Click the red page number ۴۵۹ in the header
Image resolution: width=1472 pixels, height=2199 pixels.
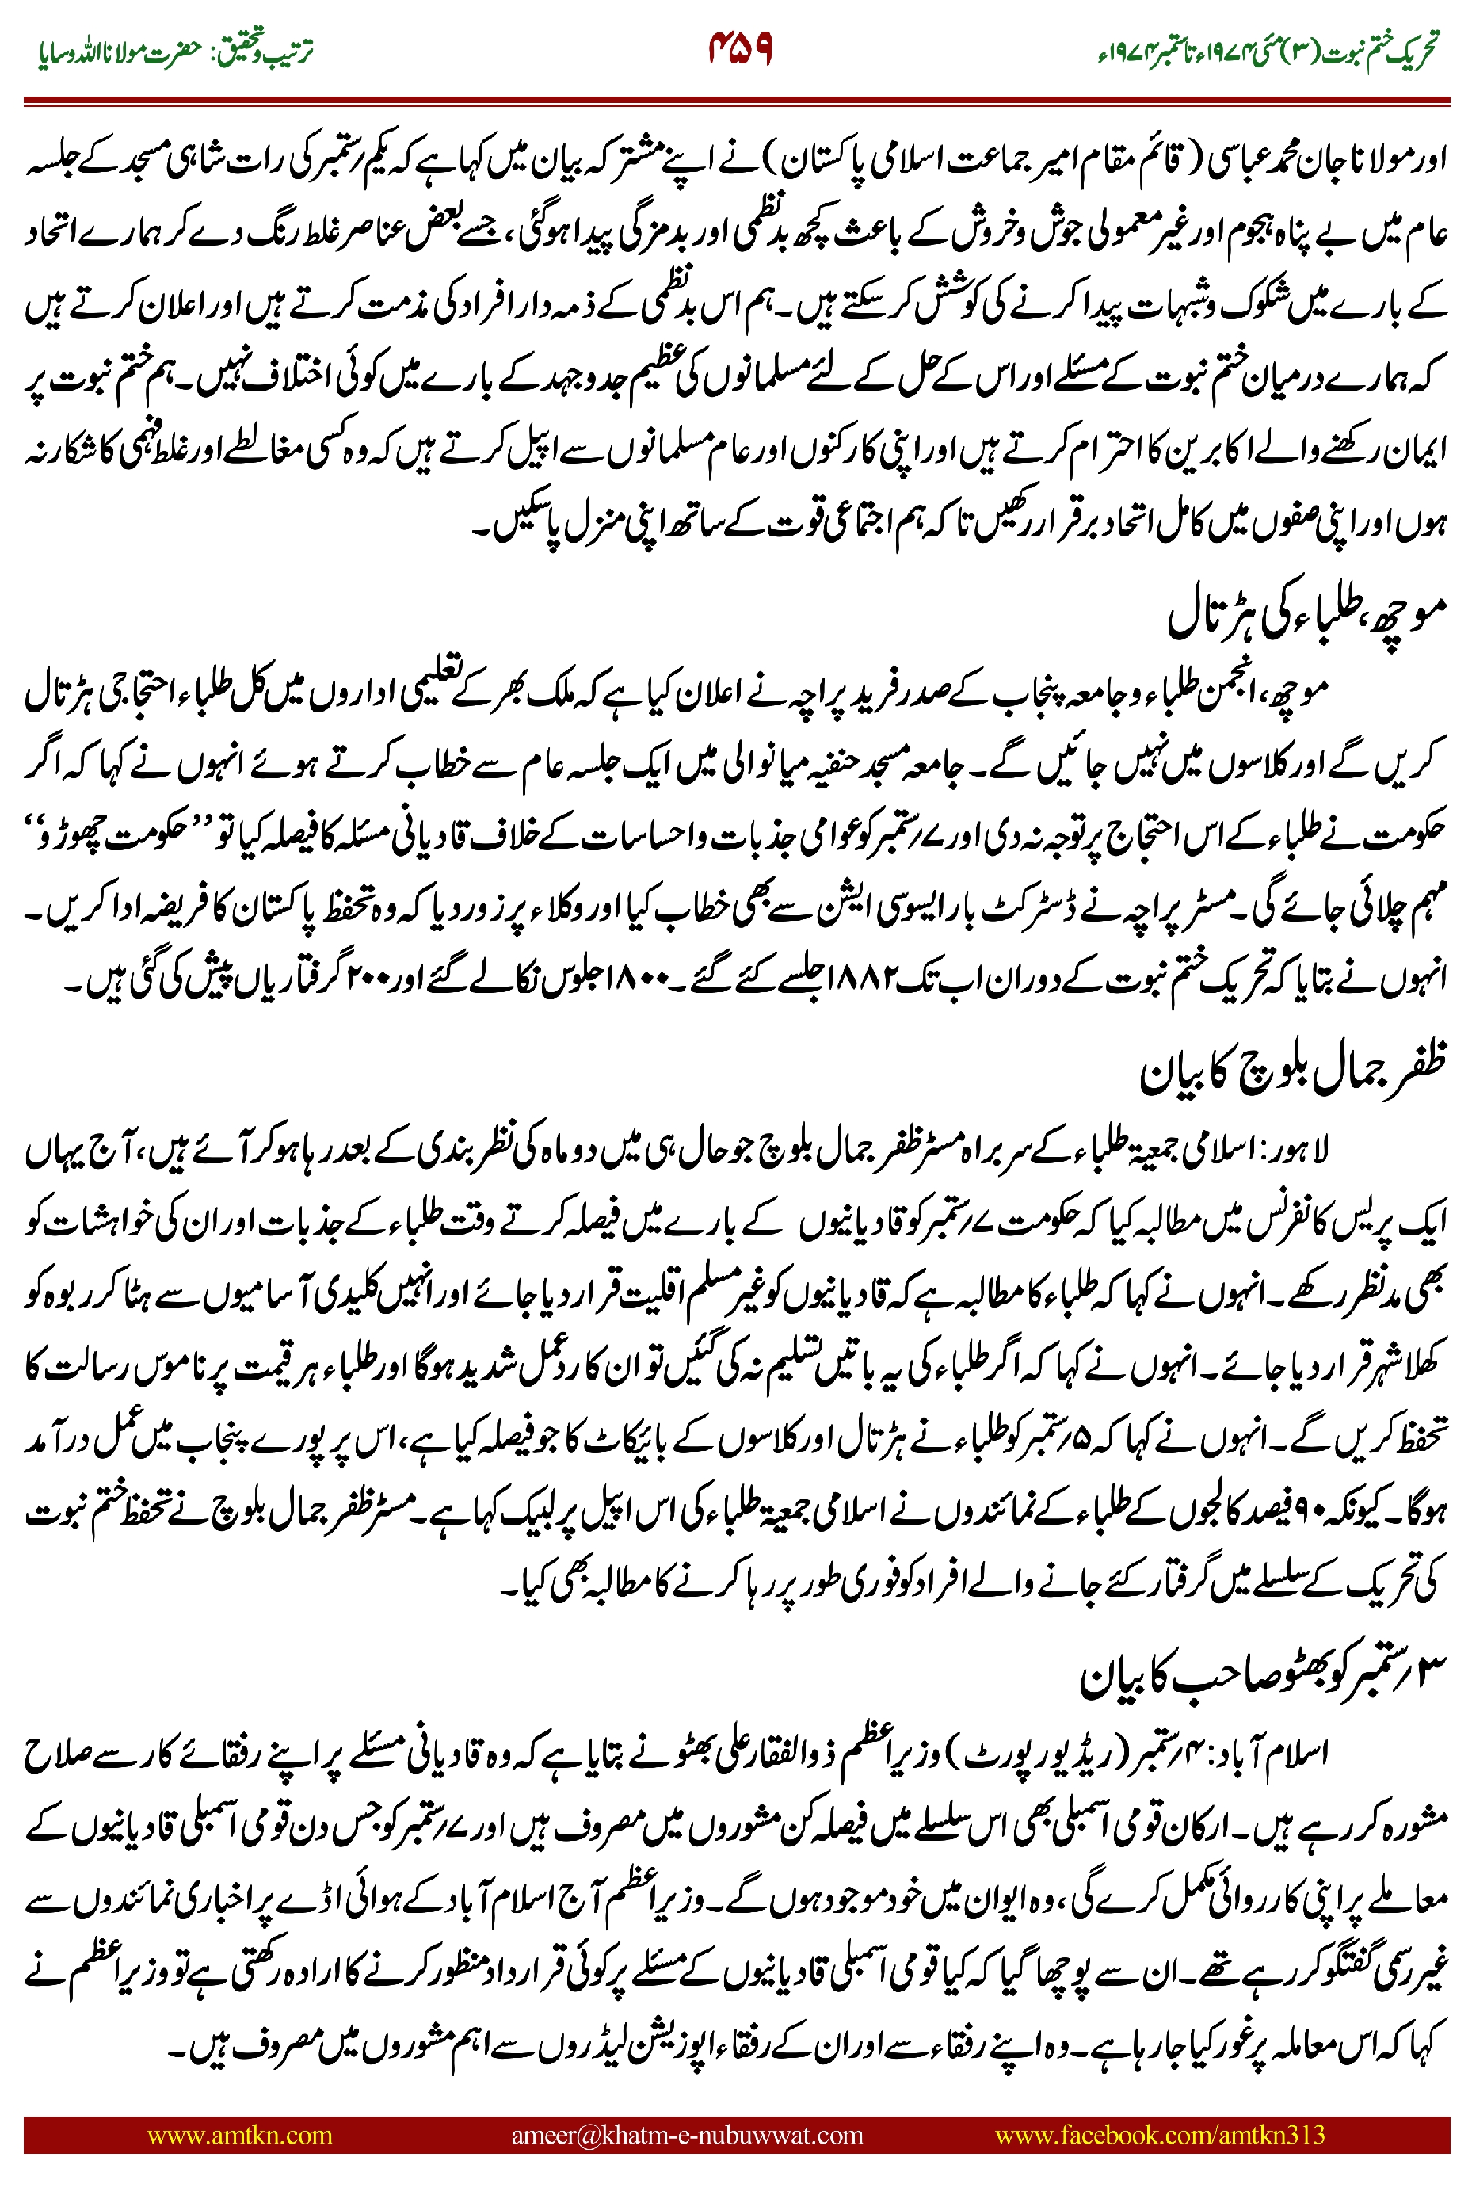(x=740, y=49)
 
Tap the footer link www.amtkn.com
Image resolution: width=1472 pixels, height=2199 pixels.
(x=239, y=2134)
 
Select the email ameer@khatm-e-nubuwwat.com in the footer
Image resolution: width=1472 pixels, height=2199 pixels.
(x=686, y=2134)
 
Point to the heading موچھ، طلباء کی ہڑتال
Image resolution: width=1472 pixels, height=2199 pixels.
(x=1305, y=615)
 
